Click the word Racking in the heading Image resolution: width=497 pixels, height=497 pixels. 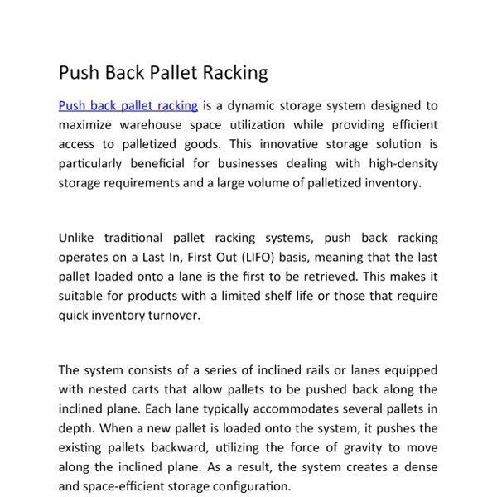click(234, 73)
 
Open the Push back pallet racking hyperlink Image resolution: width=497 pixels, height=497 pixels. click(128, 106)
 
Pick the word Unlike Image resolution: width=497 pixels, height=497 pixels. click(77, 239)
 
